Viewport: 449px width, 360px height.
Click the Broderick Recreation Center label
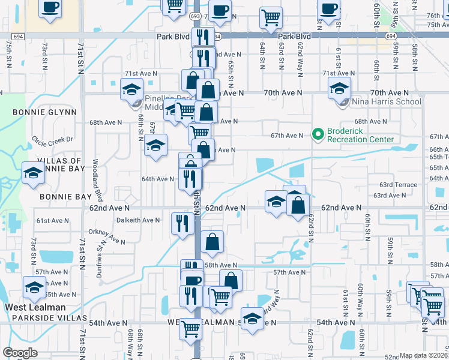(x=360, y=136)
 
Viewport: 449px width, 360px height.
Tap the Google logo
(x=20, y=353)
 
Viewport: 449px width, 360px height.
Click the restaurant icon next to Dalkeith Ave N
(x=182, y=223)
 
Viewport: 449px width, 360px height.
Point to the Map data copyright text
(x=424, y=356)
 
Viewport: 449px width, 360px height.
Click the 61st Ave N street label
(x=51, y=221)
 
